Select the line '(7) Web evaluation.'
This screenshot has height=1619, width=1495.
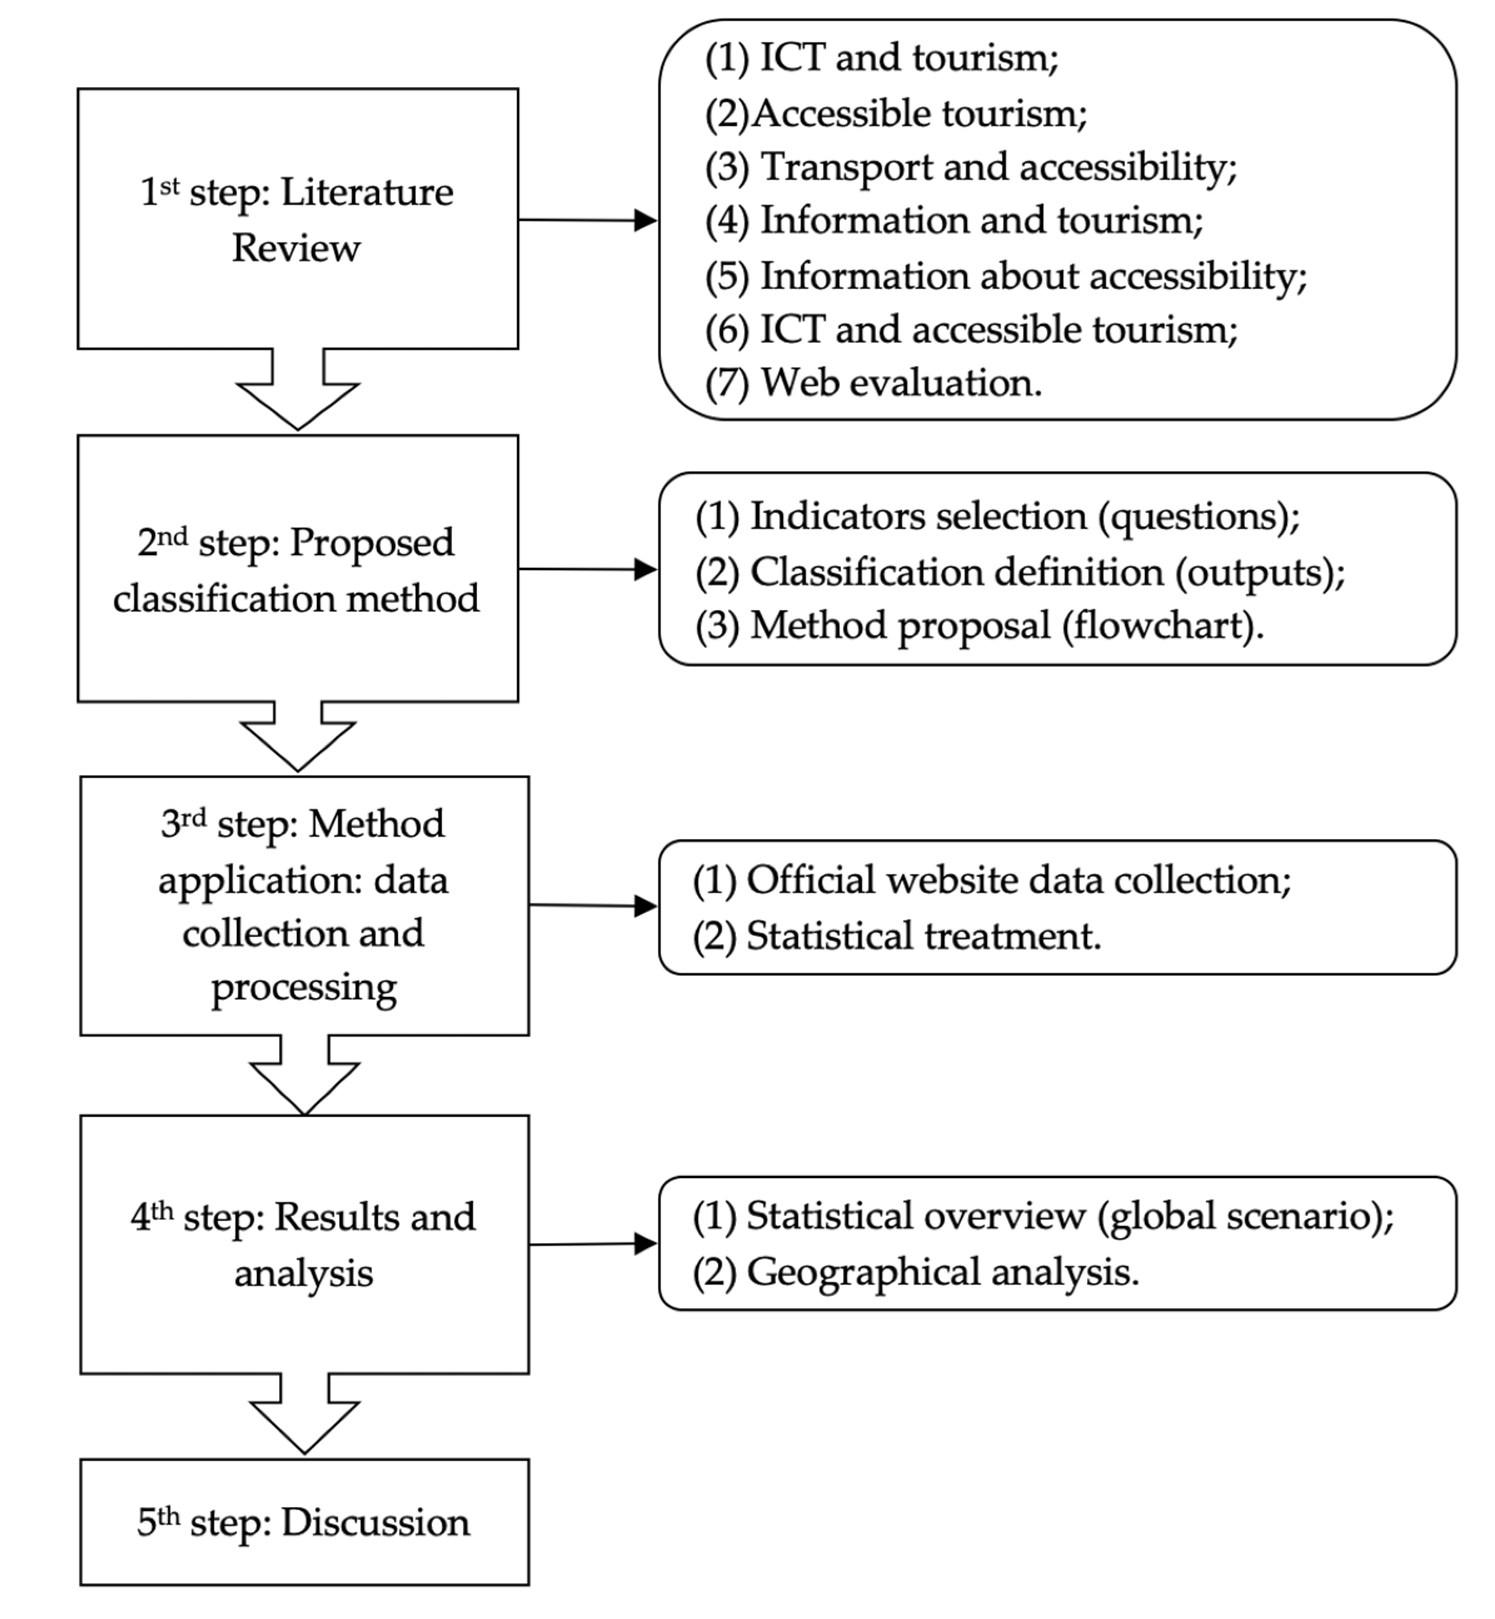point(873,383)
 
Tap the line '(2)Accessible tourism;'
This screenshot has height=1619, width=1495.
point(896,113)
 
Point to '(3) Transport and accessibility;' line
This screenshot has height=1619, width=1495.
point(971,167)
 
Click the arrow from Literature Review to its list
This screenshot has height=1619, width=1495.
point(587,219)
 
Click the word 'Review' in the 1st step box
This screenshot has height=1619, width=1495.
point(296,248)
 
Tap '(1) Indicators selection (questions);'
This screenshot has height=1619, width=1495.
point(996,516)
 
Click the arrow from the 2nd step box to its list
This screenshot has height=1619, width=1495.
point(587,569)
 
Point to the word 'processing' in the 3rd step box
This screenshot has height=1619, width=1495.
point(303,987)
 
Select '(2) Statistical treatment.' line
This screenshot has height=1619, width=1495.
point(897,936)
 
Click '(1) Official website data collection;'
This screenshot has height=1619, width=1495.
point(991,880)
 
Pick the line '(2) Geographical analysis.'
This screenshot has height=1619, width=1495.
point(915,1272)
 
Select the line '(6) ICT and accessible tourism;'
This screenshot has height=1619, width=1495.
point(971,329)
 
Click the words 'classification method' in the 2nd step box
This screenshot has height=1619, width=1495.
point(296,599)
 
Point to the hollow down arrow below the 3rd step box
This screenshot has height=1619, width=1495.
point(304,1076)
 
